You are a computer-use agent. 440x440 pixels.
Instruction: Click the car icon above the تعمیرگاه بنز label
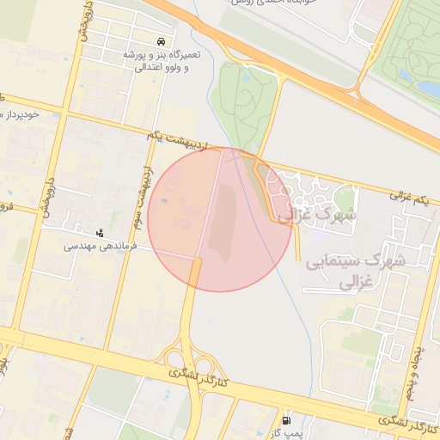pos(161,41)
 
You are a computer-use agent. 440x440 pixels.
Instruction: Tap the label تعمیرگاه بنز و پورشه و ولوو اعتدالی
pos(161,60)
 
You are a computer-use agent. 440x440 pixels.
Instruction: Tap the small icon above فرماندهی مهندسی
pos(101,231)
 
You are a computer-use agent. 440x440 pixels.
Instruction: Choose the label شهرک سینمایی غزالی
pos(348,270)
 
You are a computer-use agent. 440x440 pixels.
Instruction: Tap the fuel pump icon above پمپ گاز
pos(286,420)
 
